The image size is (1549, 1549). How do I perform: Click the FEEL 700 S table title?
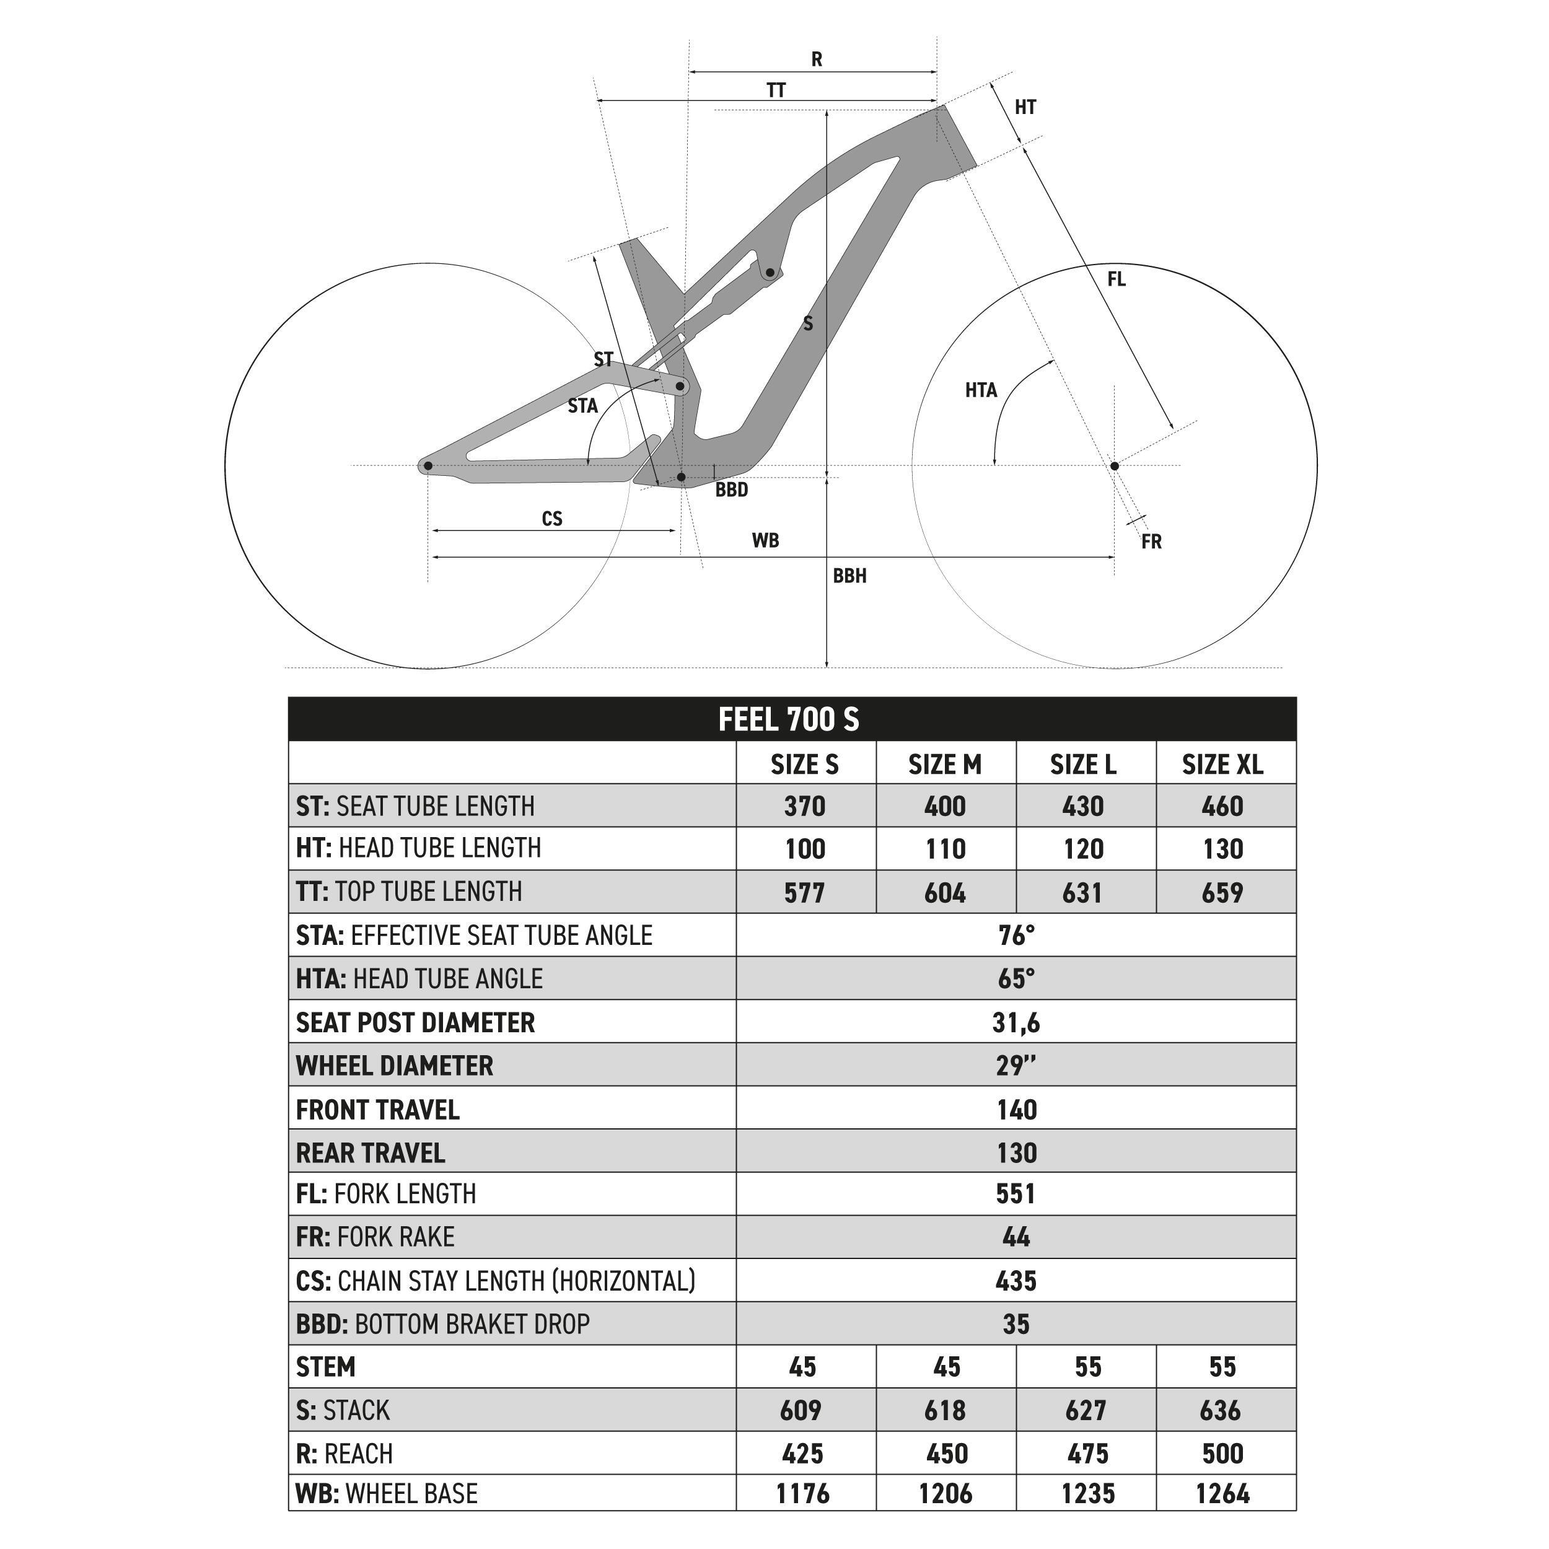point(788,719)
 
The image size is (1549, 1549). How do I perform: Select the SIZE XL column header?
point(1222,765)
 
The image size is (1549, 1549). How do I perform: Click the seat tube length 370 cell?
point(804,805)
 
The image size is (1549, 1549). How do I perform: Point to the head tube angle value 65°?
point(1016,978)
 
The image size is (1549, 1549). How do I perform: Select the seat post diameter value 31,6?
point(1016,1022)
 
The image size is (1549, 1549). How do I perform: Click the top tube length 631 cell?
point(1082,892)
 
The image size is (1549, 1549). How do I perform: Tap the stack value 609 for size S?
point(801,1410)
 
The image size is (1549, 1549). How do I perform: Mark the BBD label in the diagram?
point(731,490)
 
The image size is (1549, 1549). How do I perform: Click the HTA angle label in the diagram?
point(981,390)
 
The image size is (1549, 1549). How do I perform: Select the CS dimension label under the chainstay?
point(551,519)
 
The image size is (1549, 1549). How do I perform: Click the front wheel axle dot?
point(1113,466)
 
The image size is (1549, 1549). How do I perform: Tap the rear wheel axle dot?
point(428,466)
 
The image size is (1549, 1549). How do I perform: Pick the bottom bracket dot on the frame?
point(682,477)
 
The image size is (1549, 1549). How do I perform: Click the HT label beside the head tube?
point(1025,107)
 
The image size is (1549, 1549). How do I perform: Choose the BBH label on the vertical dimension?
point(849,576)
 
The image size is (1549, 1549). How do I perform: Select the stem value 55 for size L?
point(1087,1366)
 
